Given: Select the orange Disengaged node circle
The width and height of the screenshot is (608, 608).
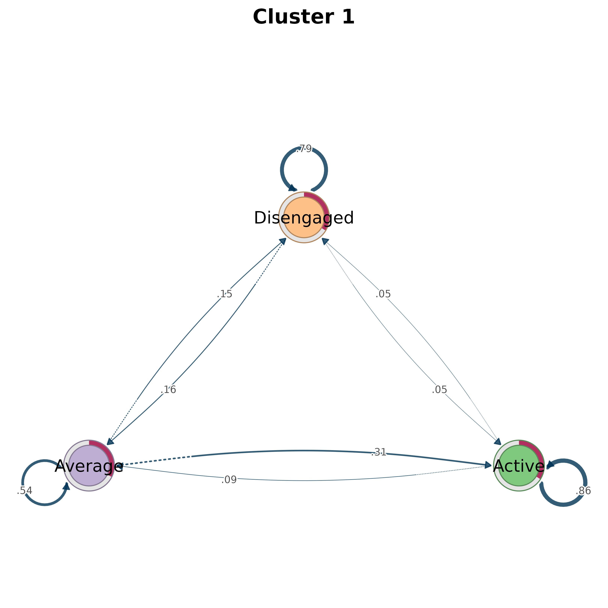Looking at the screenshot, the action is [304, 217].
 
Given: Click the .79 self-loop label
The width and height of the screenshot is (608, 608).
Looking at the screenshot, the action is [304, 149].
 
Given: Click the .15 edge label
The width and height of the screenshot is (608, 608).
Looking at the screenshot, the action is [224, 294].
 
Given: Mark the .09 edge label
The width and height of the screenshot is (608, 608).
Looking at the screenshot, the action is [229, 480].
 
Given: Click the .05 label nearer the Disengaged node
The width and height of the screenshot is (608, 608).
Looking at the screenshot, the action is [383, 294].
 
